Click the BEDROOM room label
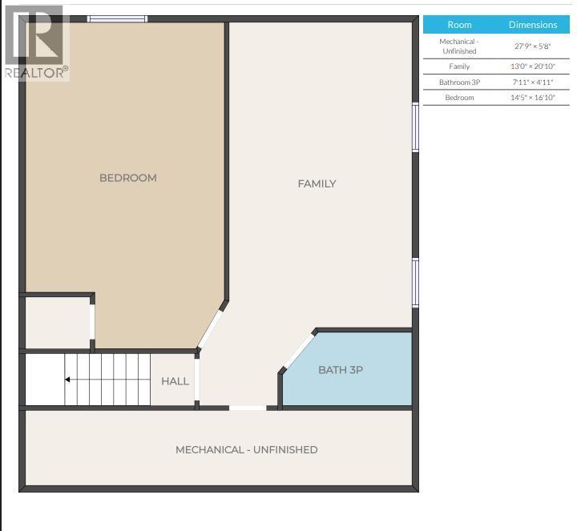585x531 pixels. (127, 178)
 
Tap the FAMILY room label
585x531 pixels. (317, 183)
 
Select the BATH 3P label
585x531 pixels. (341, 370)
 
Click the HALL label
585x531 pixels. (175, 381)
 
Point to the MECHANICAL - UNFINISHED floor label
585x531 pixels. (246, 450)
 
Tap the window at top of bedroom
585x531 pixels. (117, 18)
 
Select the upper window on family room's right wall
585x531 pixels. (415, 127)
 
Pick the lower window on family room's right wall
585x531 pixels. (415, 282)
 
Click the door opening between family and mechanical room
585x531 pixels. (248, 408)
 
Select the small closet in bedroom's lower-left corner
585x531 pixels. (57, 324)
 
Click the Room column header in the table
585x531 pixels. (459, 25)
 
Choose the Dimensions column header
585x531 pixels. (532, 25)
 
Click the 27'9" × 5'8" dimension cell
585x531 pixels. (532, 46)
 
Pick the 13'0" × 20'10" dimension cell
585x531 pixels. (532, 66)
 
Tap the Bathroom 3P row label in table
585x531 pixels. (459, 82)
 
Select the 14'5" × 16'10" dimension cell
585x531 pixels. (532, 98)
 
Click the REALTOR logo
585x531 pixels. (36, 44)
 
